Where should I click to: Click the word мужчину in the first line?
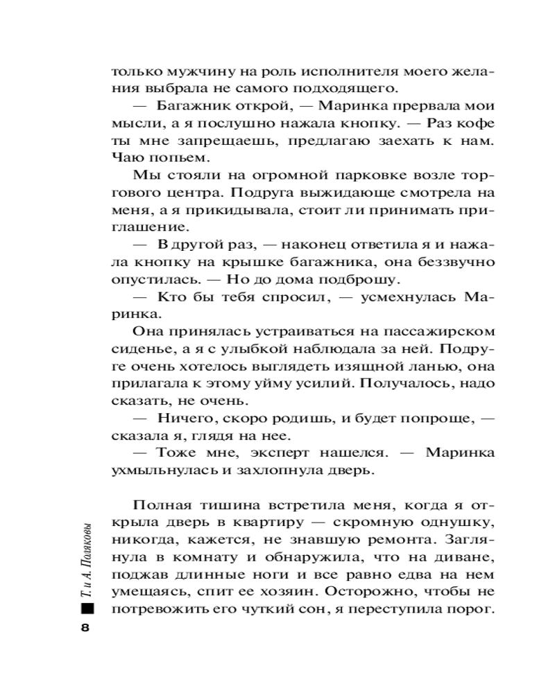tap(192, 71)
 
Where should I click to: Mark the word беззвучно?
tap(455, 263)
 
